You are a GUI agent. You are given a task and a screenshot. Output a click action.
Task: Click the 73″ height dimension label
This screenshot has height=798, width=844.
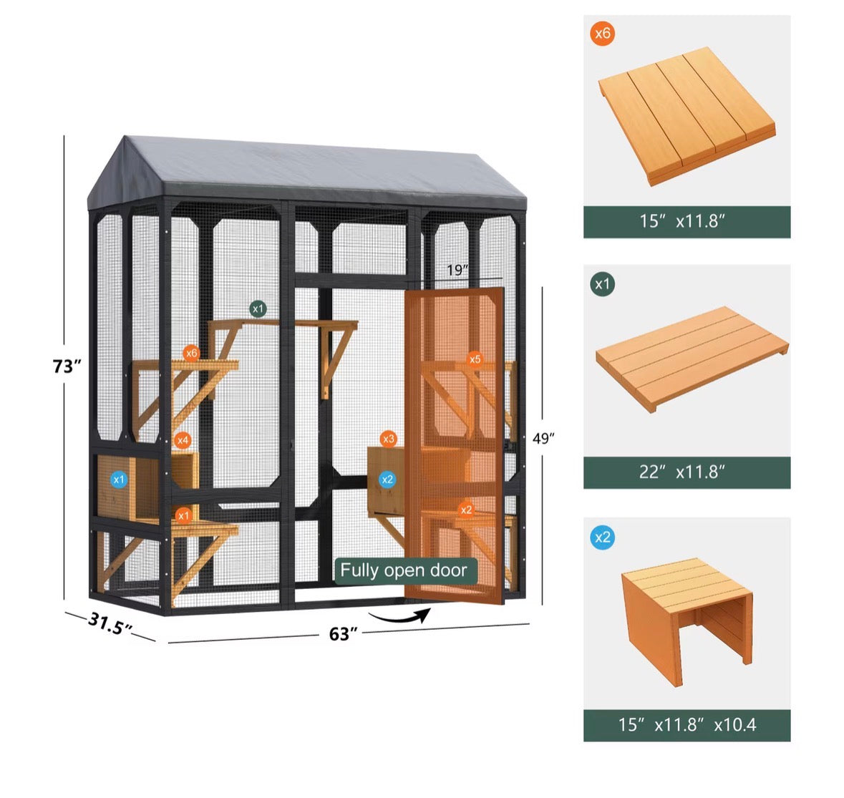coord(67,366)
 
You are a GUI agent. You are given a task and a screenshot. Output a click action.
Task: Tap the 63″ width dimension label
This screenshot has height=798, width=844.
coord(343,634)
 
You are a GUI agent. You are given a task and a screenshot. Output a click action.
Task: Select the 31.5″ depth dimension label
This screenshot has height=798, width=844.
coord(110,623)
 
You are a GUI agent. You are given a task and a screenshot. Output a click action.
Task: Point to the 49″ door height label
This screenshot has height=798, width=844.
coord(543,439)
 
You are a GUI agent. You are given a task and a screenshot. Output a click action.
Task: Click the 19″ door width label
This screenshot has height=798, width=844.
coord(457,270)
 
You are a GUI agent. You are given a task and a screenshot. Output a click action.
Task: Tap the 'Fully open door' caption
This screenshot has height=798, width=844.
coord(404,570)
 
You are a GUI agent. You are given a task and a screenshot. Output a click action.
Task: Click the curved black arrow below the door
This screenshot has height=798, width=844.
coord(400,616)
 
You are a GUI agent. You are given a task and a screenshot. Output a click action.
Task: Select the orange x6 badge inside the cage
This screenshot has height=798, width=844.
coord(191,353)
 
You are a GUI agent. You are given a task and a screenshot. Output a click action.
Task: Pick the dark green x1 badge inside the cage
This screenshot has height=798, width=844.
coord(258,309)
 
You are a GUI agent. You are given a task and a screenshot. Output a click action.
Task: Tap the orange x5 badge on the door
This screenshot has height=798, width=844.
coord(474,359)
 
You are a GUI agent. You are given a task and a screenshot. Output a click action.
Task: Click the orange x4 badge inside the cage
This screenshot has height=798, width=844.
coord(183,440)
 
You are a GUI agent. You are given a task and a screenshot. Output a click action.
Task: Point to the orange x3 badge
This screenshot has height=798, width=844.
coord(388,439)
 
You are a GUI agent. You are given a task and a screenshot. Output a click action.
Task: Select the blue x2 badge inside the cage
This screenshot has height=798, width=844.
coord(387,480)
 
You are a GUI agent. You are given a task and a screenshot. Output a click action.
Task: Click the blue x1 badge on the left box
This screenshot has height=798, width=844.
coord(118,480)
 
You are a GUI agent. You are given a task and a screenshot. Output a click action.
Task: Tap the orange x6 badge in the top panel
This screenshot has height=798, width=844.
coord(602,34)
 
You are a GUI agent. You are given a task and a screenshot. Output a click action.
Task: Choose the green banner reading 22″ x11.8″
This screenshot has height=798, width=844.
coord(687,472)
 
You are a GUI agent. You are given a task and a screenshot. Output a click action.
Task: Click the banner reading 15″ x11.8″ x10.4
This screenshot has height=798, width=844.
coord(687,725)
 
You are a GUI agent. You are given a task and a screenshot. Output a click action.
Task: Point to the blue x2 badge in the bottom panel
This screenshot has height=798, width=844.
coord(602,537)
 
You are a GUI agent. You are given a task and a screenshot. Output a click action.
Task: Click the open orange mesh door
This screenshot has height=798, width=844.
coord(454,445)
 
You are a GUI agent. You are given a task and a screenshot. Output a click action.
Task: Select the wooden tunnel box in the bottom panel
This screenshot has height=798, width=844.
coord(687,619)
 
